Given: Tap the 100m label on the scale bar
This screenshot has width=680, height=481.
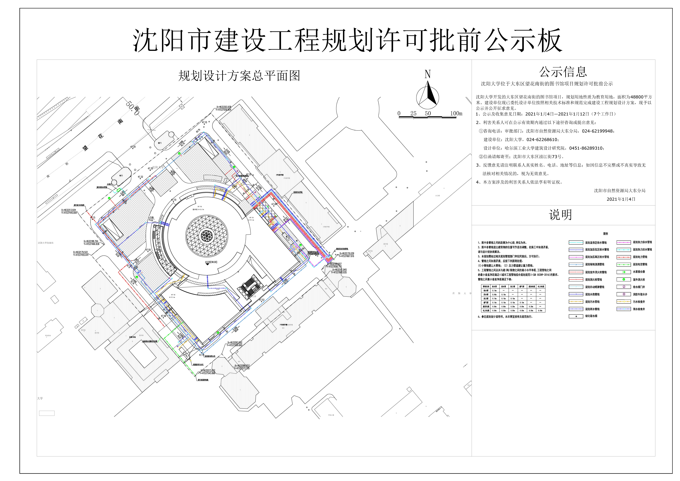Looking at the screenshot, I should coord(456,113).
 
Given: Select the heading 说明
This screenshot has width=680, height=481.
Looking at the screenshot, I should coord(560,215).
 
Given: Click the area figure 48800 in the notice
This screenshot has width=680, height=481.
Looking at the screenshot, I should coord(637,97).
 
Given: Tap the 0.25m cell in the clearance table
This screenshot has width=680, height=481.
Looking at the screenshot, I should coord(512,307).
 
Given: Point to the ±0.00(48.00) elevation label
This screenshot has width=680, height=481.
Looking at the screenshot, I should coord(211,262).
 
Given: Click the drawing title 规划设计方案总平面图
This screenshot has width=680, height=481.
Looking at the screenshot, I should coord(239,76).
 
